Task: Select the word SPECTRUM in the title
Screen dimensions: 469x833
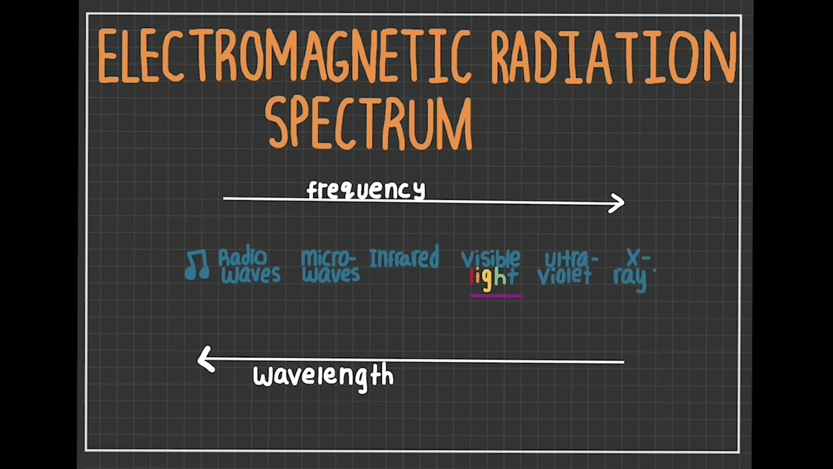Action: click(x=370, y=124)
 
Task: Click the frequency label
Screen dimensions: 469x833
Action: click(x=366, y=190)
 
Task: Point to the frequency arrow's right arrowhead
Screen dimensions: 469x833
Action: click(x=617, y=203)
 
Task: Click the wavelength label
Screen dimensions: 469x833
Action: click(x=323, y=376)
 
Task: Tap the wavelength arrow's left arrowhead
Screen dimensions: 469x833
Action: click(x=206, y=359)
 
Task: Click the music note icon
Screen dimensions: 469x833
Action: click(x=197, y=265)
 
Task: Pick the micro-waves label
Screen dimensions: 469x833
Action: click(x=330, y=266)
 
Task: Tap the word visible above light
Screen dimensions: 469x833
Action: click(x=491, y=259)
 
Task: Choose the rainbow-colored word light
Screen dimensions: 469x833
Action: click(x=494, y=277)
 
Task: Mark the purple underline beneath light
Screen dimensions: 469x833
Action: click(x=495, y=295)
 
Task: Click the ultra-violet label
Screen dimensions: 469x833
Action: click(x=566, y=268)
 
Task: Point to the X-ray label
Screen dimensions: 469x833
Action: click(x=633, y=268)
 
